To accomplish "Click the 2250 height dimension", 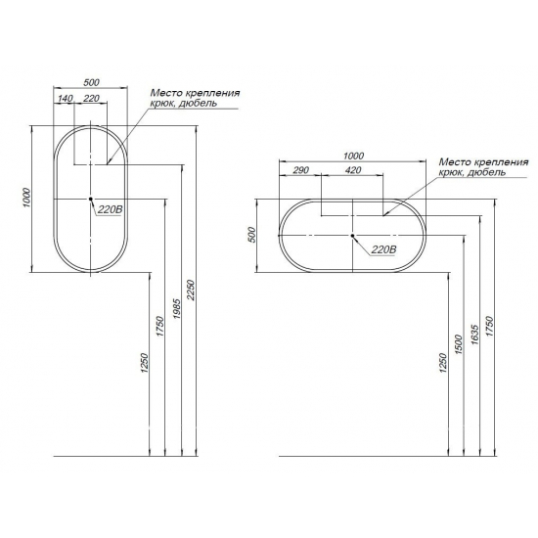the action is (x=191, y=291).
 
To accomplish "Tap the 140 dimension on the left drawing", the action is (x=66, y=99).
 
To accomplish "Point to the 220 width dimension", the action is (x=91, y=99).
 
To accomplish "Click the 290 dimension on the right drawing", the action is (x=301, y=170).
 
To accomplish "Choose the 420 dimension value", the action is (x=353, y=170).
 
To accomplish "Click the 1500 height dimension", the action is (x=460, y=344).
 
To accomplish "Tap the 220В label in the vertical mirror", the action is (x=110, y=209).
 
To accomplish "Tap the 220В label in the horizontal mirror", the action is (x=383, y=249).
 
